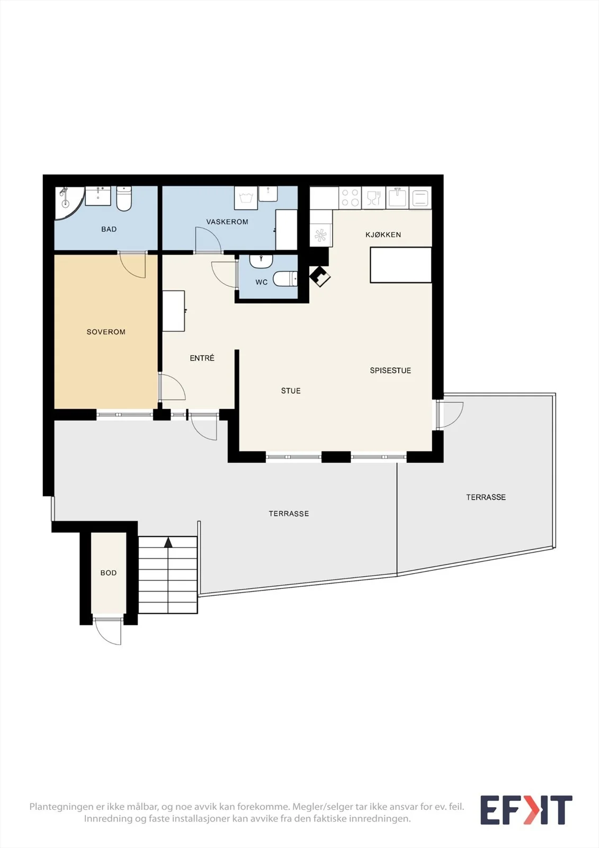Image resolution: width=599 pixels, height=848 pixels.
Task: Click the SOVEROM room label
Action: (106, 332)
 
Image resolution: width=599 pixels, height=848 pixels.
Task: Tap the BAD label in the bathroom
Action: (109, 229)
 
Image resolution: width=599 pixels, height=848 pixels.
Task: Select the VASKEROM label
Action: (227, 222)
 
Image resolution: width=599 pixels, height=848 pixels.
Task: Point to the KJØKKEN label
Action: (383, 235)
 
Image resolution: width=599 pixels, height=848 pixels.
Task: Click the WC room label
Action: (262, 282)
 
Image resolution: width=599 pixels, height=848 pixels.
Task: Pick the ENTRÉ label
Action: (202, 358)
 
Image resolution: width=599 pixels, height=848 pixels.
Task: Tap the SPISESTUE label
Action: (390, 370)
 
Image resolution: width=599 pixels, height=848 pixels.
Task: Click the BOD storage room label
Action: (108, 573)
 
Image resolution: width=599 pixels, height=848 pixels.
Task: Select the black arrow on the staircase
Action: (168, 543)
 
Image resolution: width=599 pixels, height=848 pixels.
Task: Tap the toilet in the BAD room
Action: (124, 198)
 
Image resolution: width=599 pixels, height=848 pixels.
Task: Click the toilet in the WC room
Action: (284, 279)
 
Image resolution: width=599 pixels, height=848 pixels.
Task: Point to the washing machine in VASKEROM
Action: (246, 198)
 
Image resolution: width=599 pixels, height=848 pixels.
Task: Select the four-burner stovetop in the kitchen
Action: (351, 197)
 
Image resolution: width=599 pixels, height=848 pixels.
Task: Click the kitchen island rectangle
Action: (401, 265)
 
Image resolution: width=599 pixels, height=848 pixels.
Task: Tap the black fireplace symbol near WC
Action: (320, 276)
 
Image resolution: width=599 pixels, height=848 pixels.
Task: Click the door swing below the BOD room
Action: (108, 631)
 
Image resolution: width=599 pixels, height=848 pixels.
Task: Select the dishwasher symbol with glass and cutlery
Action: (373, 197)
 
